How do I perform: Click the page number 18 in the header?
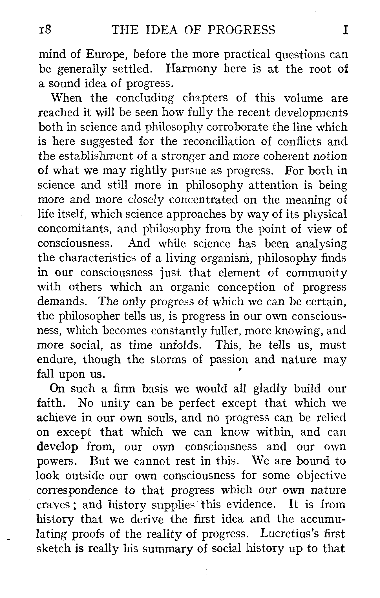pos(45,30)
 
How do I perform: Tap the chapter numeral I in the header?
pos(344,30)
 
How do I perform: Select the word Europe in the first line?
pos(106,54)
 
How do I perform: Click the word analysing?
pos(321,243)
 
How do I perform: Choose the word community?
pos(316,273)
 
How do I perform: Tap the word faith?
pos(50,403)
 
